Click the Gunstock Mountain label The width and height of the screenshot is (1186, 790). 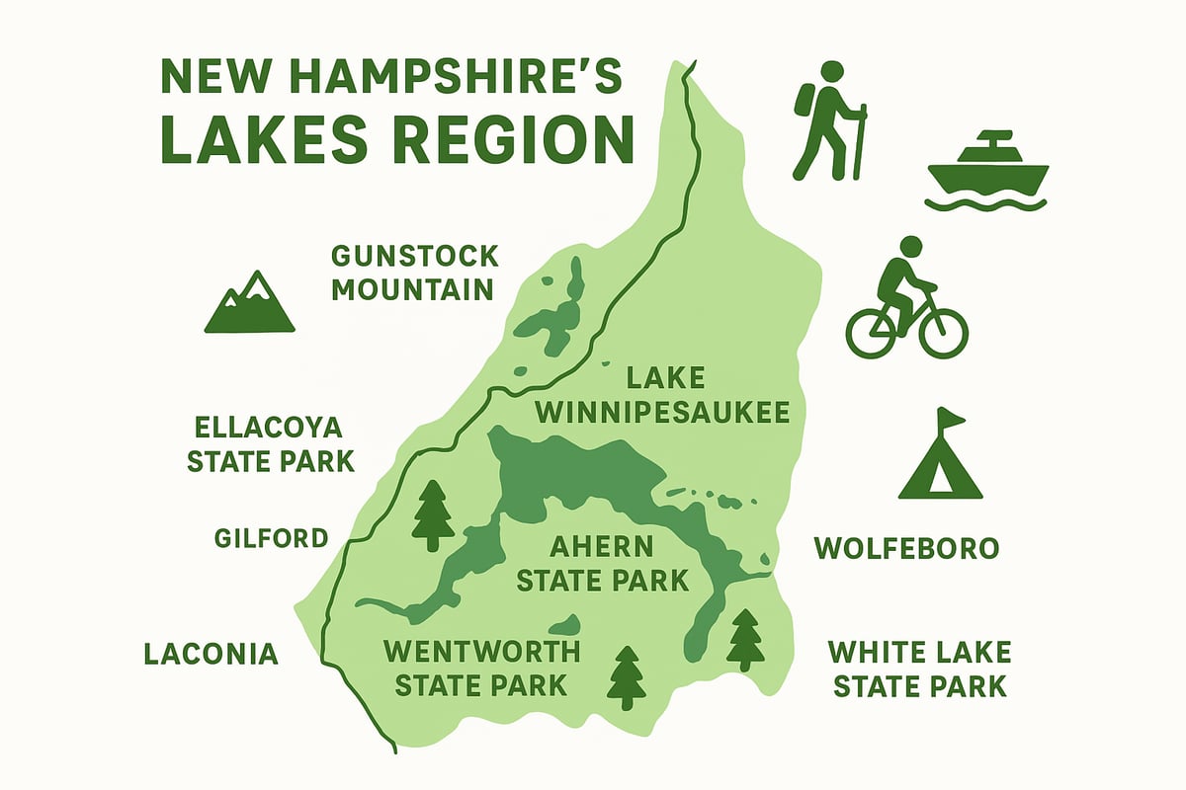pyautogui.click(x=413, y=273)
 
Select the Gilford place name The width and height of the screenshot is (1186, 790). pyautogui.click(x=271, y=538)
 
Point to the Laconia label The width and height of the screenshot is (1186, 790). pyautogui.click(x=212, y=654)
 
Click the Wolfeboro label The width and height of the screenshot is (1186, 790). pyautogui.click(x=905, y=548)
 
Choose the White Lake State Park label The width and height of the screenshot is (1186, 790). pyautogui.click(x=919, y=669)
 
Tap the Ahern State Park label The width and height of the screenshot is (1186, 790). pyautogui.click(x=602, y=563)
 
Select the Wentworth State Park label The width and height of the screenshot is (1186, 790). pyautogui.click(x=480, y=668)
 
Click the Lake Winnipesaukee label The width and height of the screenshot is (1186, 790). pyautogui.click(x=663, y=395)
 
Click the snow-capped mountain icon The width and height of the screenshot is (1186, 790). pyautogui.click(x=249, y=303)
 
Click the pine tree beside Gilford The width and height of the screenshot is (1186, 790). pyautogui.click(x=432, y=514)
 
